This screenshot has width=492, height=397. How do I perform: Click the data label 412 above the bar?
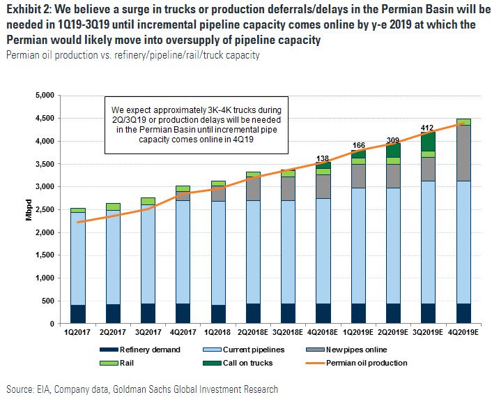tap(427, 128)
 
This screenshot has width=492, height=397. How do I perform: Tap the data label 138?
tap(322, 159)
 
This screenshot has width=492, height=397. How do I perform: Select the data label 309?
tap(392, 140)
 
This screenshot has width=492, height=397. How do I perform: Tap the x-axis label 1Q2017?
tap(78, 333)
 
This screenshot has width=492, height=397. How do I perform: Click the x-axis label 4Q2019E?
tap(463, 333)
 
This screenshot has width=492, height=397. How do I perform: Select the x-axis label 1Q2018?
tap(217, 333)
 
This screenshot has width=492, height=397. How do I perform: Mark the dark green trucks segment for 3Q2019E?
tap(427, 142)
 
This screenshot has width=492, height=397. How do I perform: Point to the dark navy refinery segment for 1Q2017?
tap(78, 314)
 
